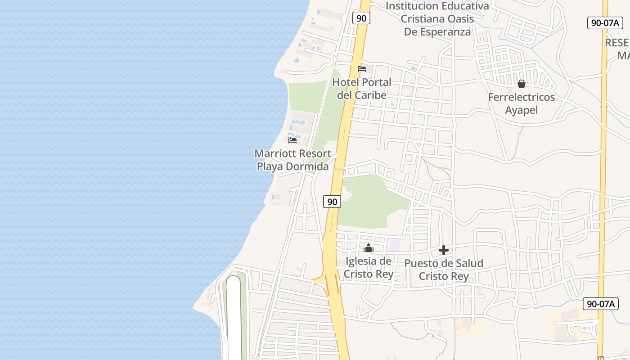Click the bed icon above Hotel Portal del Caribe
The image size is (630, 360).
tap(362, 69)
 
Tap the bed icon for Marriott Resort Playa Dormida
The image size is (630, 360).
tap(292, 140)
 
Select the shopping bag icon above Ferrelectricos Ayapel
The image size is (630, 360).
tap(522, 84)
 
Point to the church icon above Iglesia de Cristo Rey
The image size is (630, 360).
tap(369, 248)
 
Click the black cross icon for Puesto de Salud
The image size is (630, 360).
tap(444, 250)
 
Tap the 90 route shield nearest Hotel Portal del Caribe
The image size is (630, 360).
tap(361, 18)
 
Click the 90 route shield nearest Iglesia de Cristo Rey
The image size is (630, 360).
tap(332, 202)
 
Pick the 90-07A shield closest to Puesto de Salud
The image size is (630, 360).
tap(601, 304)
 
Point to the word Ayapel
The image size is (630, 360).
tap(522, 110)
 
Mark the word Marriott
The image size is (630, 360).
tap(276, 153)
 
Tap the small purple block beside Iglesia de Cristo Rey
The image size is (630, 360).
tap(395, 245)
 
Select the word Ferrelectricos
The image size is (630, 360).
tap(522, 97)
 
